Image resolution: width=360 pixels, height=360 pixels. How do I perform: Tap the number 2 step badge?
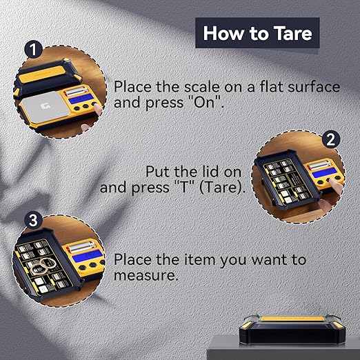[x=331, y=138]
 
